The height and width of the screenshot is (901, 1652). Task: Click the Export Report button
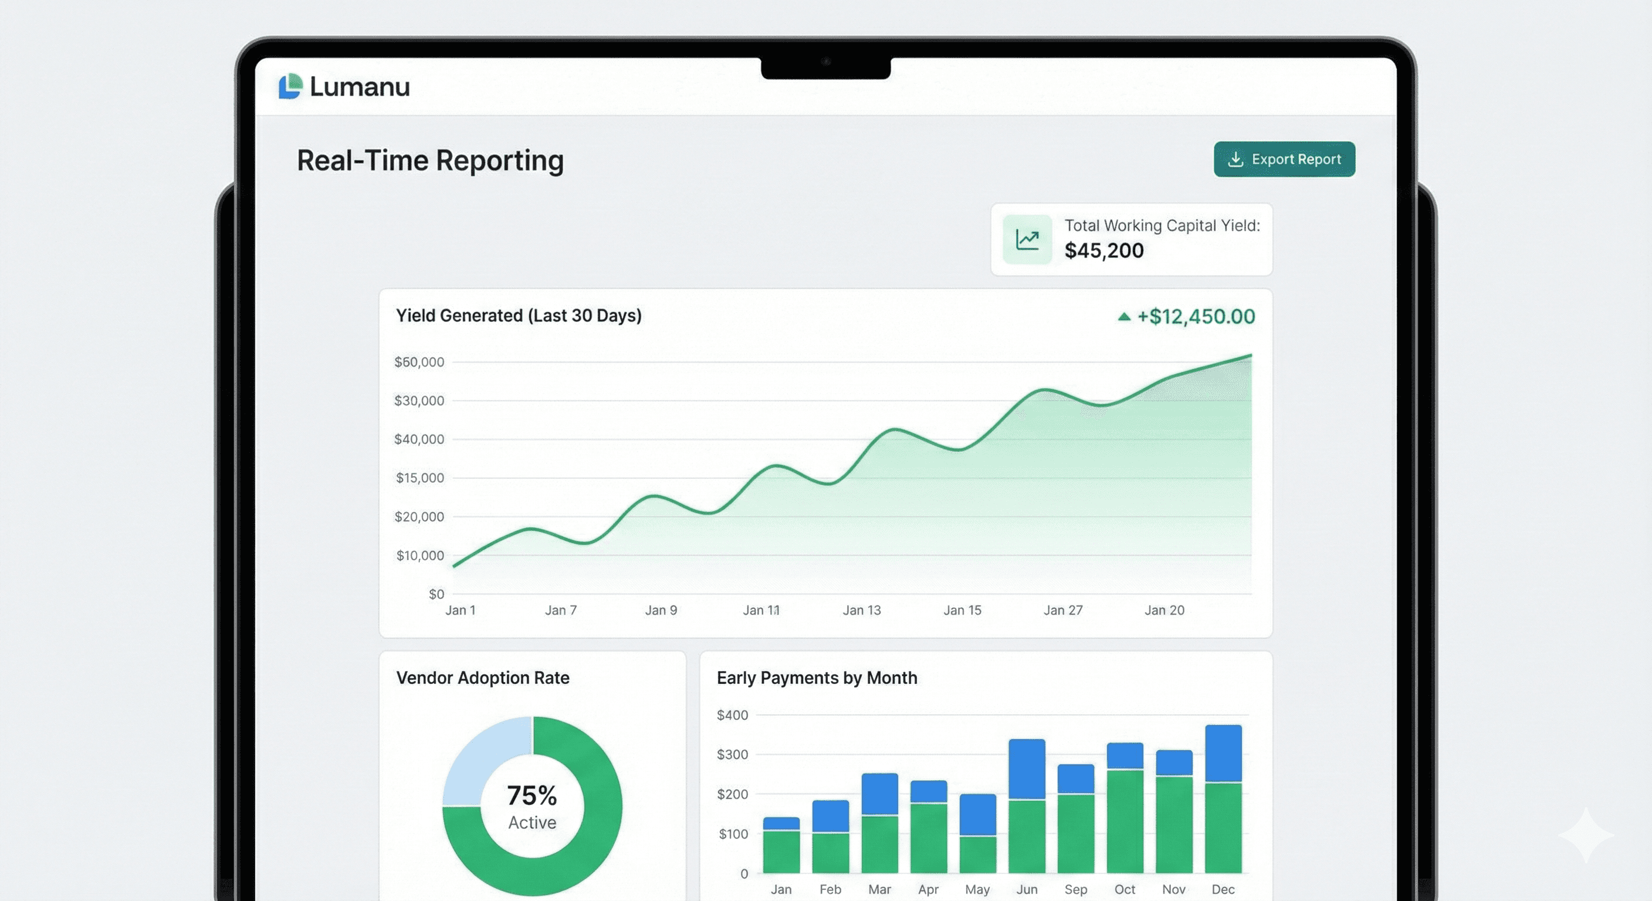click(x=1284, y=159)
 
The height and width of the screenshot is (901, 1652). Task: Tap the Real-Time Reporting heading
click(x=429, y=160)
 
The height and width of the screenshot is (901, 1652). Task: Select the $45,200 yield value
click(x=1103, y=250)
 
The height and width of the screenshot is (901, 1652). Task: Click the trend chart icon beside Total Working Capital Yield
click(x=1027, y=240)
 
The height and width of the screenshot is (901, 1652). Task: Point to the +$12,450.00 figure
click(x=1195, y=316)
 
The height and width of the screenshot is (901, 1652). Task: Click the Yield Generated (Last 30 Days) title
click(x=518, y=316)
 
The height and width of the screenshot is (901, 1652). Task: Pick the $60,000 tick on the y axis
click(x=419, y=363)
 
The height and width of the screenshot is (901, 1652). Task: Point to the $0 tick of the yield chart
click(x=436, y=594)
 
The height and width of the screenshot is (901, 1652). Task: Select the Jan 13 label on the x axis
click(x=861, y=611)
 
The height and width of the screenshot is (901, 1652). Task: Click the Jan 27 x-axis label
click(x=1062, y=611)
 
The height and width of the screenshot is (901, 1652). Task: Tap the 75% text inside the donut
click(x=532, y=796)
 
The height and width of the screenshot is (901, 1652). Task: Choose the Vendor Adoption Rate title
click(x=482, y=678)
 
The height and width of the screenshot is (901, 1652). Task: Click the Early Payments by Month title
click(x=817, y=678)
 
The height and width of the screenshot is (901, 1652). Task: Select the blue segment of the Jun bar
click(x=1027, y=769)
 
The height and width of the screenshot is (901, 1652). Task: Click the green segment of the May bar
click(x=977, y=854)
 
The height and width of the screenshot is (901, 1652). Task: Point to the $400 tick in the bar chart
click(x=732, y=715)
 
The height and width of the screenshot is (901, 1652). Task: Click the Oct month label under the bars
click(x=1124, y=889)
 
